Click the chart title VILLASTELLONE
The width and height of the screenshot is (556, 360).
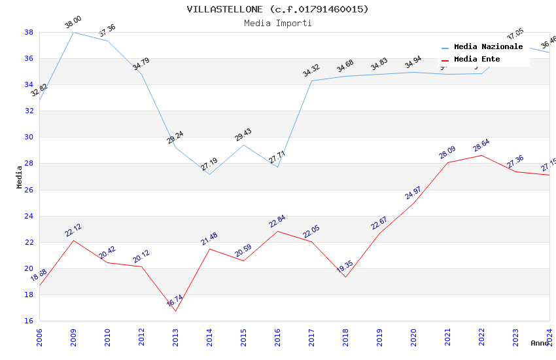pyautogui.click(x=277, y=9)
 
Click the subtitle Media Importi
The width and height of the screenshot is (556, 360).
pyautogui.click(x=277, y=23)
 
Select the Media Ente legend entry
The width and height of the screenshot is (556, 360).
pyautogui.click(x=477, y=60)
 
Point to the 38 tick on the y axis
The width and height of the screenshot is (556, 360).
pyautogui.click(x=29, y=32)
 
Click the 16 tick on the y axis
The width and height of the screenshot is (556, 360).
pyautogui.click(x=29, y=321)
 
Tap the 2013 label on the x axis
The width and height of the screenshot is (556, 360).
pyautogui.click(x=175, y=336)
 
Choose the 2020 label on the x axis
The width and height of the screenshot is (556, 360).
pyautogui.click(x=413, y=336)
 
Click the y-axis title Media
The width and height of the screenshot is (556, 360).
pyautogui.click(x=20, y=177)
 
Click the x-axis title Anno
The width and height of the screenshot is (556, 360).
pyautogui.click(x=540, y=343)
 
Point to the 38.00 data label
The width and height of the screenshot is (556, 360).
pyautogui.click(x=73, y=24)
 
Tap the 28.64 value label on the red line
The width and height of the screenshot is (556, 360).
pyautogui.click(x=481, y=145)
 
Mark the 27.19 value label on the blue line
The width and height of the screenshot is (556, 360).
pyautogui.click(x=209, y=164)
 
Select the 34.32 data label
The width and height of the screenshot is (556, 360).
pyautogui.click(x=311, y=71)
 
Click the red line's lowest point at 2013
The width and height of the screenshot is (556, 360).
pyautogui.click(x=175, y=311)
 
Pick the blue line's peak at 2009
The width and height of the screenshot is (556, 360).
pyautogui.click(x=73, y=32)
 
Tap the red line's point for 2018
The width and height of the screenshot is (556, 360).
pyautogui.click(x=345, y=277)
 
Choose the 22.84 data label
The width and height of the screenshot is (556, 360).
pyautogui.click(x=277, y=221)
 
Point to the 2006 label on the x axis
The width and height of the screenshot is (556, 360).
pyautogui.click(x=39, y=336)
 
